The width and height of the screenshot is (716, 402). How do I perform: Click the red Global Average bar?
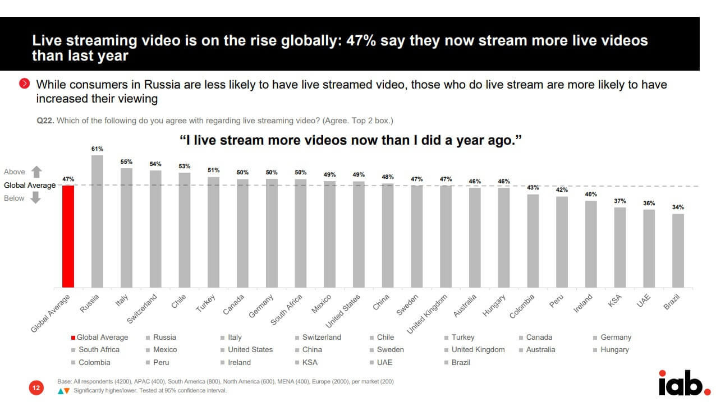68,236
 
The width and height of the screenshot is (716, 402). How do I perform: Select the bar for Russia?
97,221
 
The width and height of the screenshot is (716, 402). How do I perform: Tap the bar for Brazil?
678,251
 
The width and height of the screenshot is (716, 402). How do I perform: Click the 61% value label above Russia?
97,149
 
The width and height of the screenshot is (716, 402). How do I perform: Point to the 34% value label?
678,207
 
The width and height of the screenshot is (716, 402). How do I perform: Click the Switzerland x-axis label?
142,308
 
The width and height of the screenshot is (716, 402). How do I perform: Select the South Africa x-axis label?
286,310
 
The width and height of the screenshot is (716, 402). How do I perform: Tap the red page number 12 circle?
36,387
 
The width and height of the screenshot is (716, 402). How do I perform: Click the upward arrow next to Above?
36,172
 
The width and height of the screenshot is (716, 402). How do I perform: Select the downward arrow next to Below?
36,198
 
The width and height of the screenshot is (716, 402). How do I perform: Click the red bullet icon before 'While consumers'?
24,84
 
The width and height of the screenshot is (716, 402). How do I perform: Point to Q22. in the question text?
45,121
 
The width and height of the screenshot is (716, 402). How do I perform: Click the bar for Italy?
126,228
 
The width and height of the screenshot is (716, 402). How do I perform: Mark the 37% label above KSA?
620,201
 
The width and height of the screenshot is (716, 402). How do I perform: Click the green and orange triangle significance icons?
63,391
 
